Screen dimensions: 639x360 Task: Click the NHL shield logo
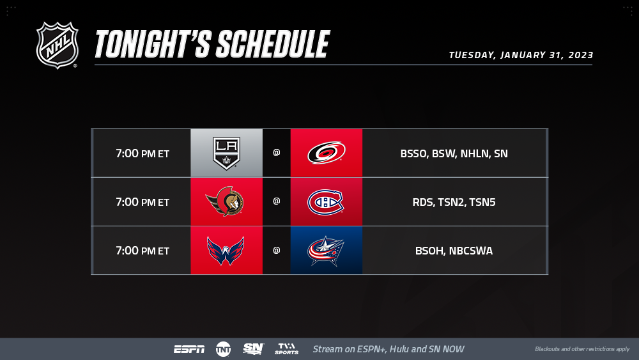(x=57, y=45)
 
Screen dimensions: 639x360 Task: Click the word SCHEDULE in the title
(x=273, y=44)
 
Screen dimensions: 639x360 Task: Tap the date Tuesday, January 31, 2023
(x=521, y=55)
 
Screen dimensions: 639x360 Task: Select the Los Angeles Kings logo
(x=227, y=153)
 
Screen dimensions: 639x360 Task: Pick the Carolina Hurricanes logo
(x=327, y=153)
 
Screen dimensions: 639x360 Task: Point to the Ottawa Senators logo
(x=224, y=201)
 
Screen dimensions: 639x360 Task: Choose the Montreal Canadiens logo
(x=326, y=202)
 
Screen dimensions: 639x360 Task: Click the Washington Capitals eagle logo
(x=226, y=251)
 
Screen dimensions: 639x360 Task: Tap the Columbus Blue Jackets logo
(x=326, y=251)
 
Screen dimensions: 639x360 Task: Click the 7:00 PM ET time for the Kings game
(x=142, y=153)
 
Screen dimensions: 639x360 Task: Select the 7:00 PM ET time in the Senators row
(x=142, y=202)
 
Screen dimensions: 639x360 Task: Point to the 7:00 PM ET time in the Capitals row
(x=142, y=250)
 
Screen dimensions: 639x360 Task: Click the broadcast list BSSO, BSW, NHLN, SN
(x=454, y=153)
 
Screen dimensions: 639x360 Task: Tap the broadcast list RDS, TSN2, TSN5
(x=454, y=202)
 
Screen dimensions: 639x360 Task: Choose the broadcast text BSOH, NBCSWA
(x=454, y=251)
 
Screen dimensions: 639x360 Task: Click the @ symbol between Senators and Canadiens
(x=276, y=201)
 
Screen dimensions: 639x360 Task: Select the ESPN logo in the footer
(x=190, y=349)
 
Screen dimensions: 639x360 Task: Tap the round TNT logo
(x=223, y=349)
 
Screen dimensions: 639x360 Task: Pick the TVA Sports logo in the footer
(x=286, y=349)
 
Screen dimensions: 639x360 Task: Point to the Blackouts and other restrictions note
(x=582, y=349)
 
